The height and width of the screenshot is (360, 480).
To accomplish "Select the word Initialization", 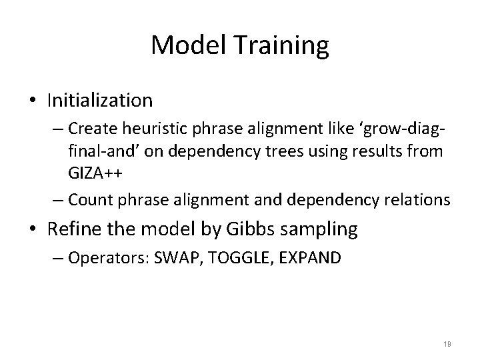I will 100,101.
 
